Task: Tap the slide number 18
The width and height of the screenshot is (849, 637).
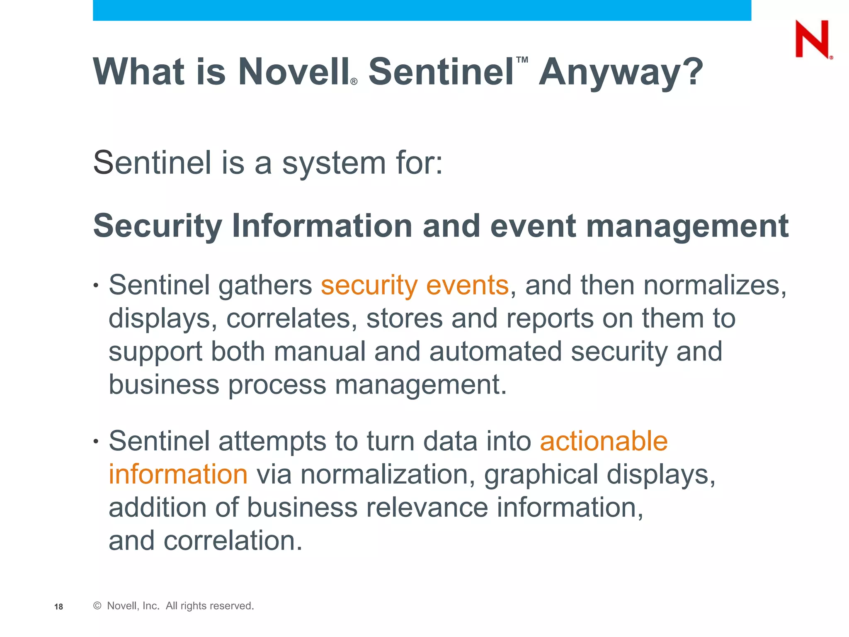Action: (58, 607)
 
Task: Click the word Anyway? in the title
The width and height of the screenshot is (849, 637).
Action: (621, 72)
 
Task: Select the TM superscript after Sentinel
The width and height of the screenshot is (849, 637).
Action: (522, 60)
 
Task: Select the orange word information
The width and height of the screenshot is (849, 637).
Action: (178, 474)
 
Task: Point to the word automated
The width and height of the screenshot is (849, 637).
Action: (495, 352)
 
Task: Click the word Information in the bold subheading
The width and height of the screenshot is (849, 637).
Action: (322, 226)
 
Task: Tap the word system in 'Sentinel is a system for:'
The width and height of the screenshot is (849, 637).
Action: (334, 163)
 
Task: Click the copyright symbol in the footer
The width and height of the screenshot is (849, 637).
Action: (97, 606)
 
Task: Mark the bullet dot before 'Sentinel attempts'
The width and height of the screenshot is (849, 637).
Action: (96, 441)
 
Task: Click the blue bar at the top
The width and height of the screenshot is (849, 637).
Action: (422, 10)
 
